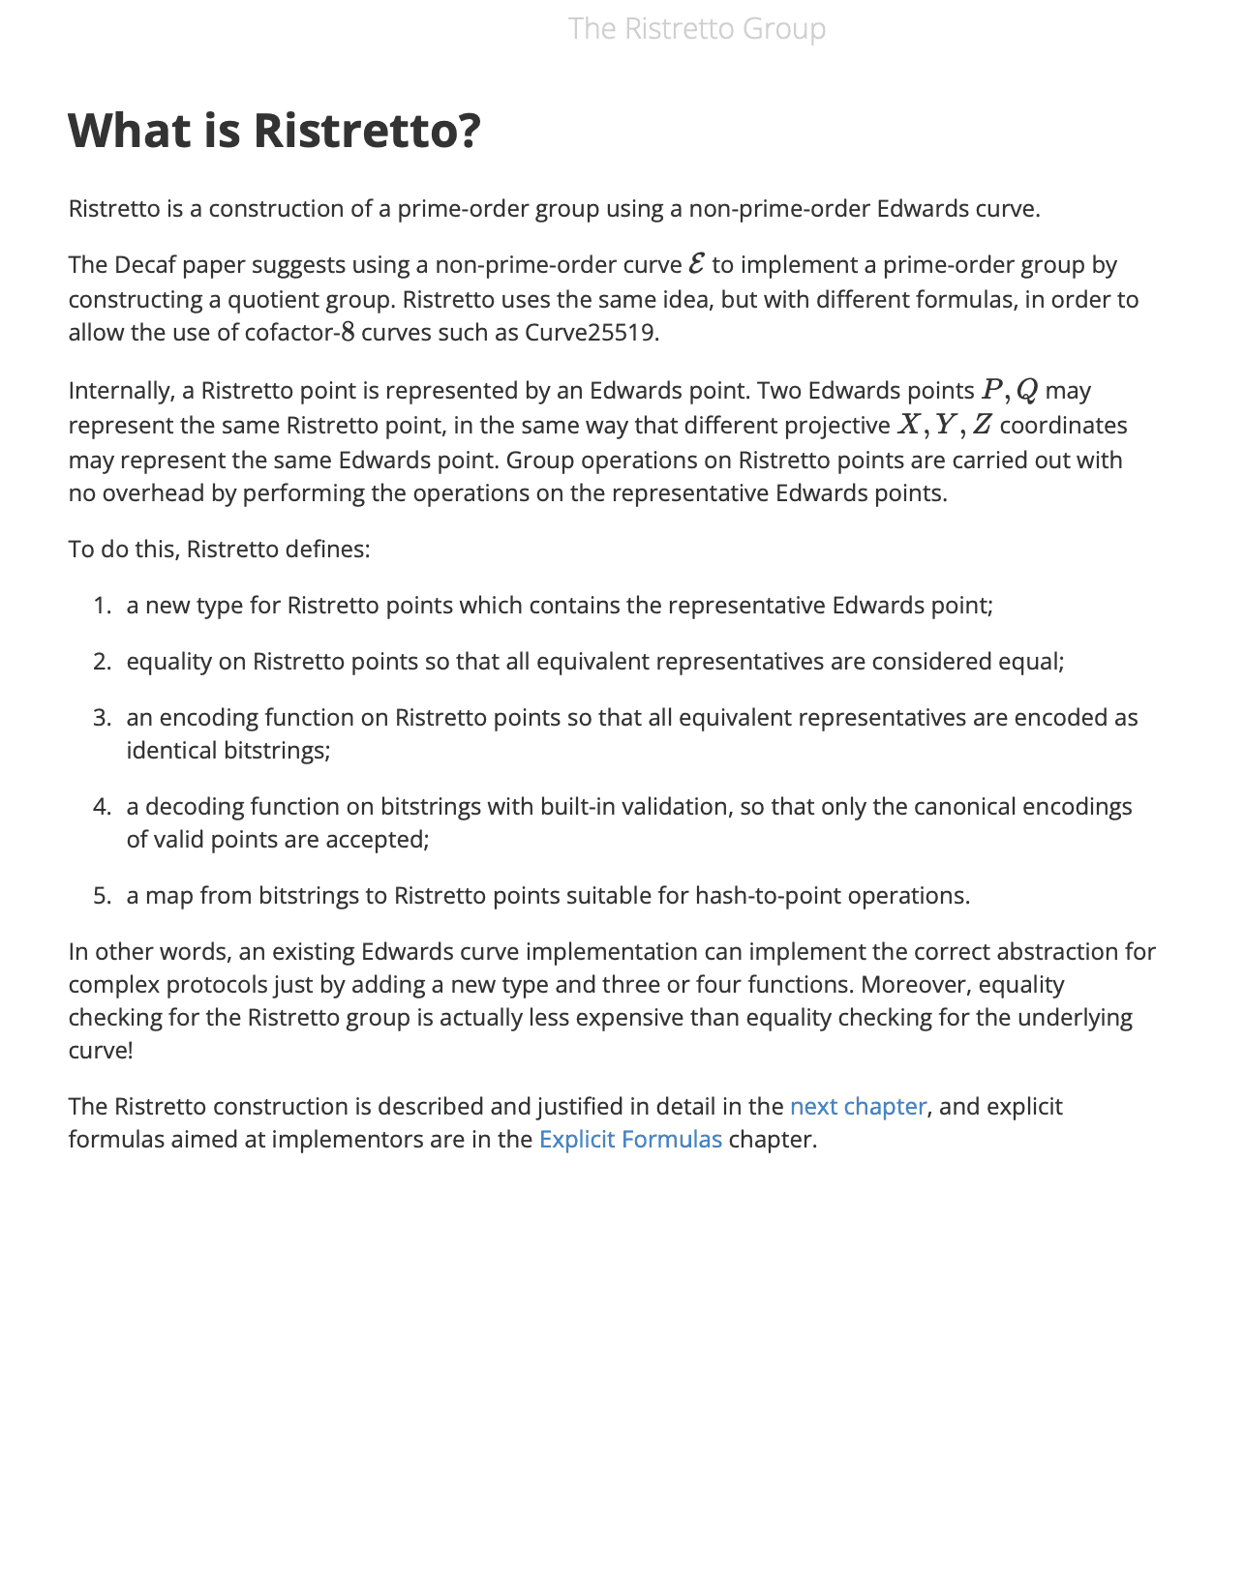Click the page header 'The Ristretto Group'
pos(696,29)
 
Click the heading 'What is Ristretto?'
pos(274,131)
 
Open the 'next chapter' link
pos(858,1106)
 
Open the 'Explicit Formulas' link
pos(630,1139)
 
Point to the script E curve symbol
pos(696,264)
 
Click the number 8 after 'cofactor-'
pos(348,333)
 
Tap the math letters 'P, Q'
pos(1009,390)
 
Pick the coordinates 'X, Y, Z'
pos(945,425)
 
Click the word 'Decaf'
pos(146,265)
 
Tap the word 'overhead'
pos(147,493)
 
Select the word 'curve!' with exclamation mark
pos(100,1051)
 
